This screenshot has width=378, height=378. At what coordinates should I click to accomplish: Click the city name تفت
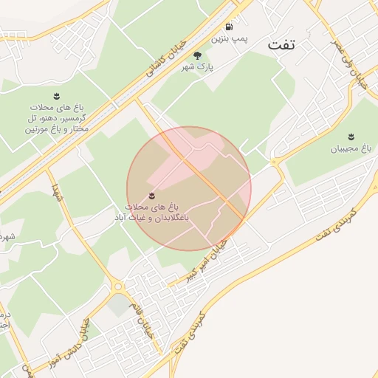[281, 44]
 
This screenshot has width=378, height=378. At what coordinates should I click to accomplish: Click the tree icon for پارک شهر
[196, 55]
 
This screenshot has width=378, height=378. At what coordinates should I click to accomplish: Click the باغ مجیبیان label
[351, 148]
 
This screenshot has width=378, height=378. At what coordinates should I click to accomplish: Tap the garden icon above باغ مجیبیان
[351, 135]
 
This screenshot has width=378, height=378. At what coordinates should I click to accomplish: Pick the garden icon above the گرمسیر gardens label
[57, 96]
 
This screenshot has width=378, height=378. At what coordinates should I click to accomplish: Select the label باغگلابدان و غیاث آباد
[151, 213]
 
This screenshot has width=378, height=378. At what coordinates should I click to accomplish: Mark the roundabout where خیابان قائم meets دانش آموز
[117, 286]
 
